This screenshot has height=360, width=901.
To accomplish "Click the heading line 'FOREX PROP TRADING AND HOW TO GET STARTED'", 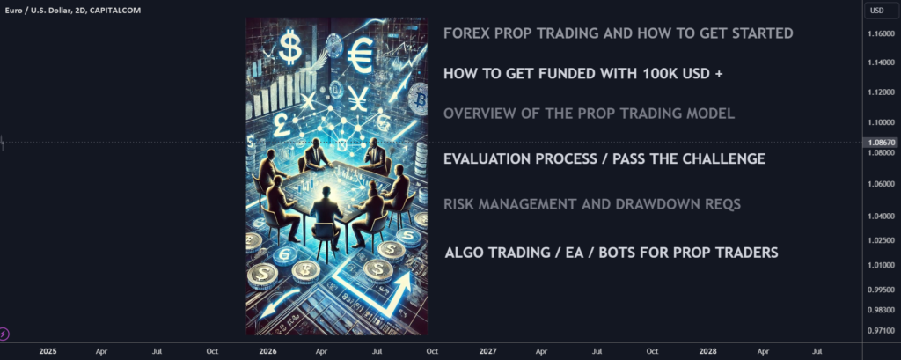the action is (x=619, y=33).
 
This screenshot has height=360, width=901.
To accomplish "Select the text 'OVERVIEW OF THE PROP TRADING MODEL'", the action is (x=589, y=114).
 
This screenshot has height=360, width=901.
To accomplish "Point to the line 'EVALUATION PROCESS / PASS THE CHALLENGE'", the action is (x=604, y=158).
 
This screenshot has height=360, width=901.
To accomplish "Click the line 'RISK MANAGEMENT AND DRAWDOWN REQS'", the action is (x=592, y=204).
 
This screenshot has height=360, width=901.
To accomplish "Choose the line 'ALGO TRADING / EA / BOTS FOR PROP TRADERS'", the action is (x=612, y=253).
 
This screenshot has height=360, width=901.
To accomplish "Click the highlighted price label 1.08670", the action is (x=882, y=142).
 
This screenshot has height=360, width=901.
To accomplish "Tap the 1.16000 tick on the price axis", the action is (x=882, y=34).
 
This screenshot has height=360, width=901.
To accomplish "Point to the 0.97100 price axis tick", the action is (x=882, y=331).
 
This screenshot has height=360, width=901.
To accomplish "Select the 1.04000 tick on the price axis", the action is (x=882, y=217).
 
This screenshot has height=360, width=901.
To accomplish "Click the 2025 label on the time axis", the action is (x=48, y=351).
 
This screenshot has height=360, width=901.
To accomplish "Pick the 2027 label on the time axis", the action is (x=487, y=351).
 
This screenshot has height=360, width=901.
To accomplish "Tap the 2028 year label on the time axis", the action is (x=707, y=351).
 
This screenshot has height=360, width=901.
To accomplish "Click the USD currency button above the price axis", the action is (x=877, y=11).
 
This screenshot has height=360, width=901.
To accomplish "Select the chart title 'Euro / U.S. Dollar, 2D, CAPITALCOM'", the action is (x=72, y=11).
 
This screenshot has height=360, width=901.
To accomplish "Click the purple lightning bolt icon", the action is (x=4, y=333).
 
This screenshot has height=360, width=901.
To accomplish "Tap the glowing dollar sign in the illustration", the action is (x=289, y=47).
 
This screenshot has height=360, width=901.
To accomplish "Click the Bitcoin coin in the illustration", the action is (x=418, y=99).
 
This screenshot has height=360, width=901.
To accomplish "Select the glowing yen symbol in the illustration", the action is (x=357, y=99).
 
